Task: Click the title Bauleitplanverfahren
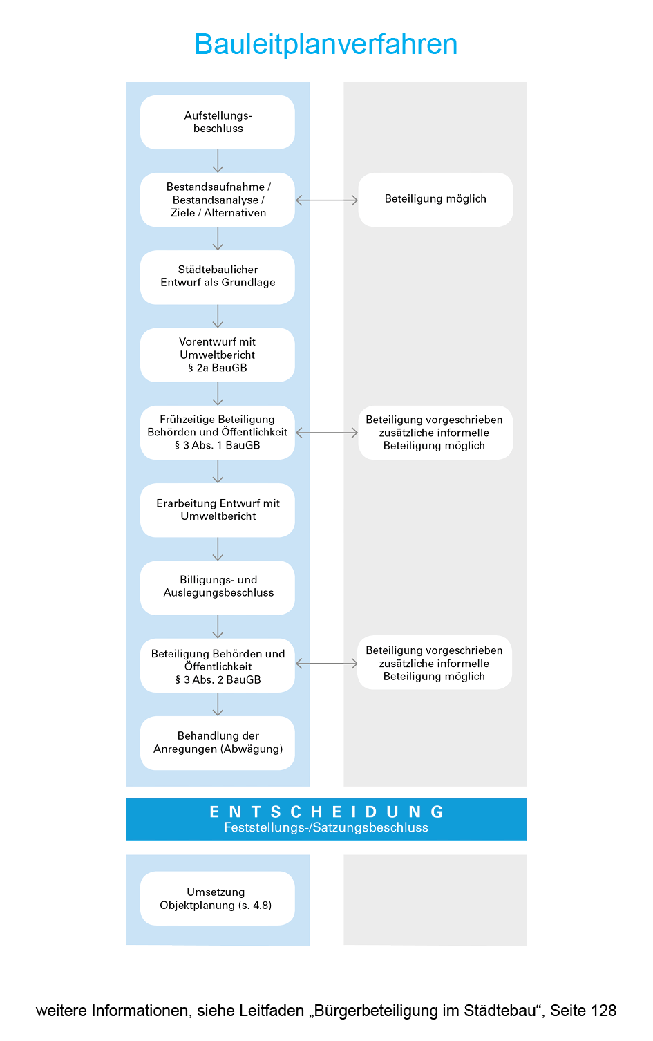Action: [x=326, y=44]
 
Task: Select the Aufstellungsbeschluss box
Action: [x=218, y=122]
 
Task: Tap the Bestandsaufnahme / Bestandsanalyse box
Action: [x=218, y=200]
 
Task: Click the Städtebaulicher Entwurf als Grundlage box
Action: [x=218, y=276]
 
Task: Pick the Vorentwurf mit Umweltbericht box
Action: [x=218, y=355]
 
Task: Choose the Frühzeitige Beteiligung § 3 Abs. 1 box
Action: [x=218, y=433]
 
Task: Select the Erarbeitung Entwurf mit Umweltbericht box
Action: [x=218, y=510]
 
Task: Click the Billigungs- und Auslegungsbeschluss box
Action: [x=218, y=587]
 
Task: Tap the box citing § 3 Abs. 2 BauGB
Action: [x=218, y=666]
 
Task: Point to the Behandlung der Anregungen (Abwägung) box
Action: [x=218, y=743]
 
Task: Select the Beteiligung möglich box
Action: [x=435, y=199]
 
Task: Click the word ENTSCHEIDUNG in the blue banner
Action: [x=326, y=812]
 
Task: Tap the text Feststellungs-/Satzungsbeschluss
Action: [x=326, y=828]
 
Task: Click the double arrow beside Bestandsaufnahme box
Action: [x=327, y=200]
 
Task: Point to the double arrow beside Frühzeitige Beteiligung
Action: [x=327, y=433]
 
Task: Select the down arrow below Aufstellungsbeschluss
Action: [x=218, y=161]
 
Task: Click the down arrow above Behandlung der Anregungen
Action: [x=218, y=704]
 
